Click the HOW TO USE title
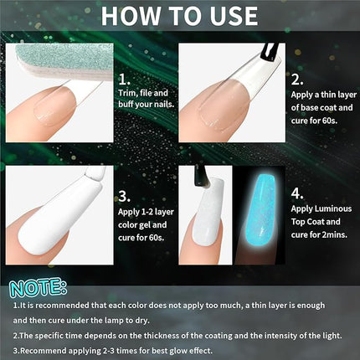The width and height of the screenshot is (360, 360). (x=180, y=18)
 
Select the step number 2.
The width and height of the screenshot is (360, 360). (x=298, y=80)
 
